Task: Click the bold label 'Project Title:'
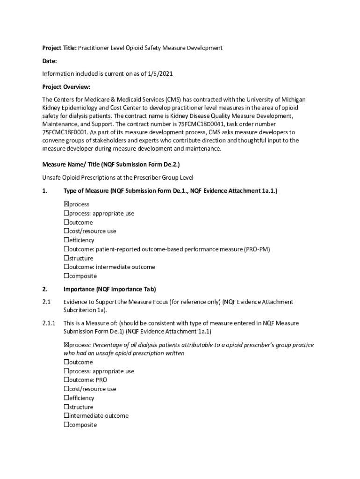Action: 59,48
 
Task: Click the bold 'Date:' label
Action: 50,61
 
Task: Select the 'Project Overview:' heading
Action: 66,87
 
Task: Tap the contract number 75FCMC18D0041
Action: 200,124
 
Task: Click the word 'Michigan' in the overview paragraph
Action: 292,100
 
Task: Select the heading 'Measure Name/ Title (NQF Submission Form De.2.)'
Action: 111,165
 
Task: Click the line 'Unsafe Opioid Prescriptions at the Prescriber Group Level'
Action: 117,178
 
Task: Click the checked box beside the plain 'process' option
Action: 66,204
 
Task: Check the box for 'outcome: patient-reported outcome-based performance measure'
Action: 66,249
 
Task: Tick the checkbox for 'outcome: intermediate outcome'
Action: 66,267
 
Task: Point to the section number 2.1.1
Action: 49,323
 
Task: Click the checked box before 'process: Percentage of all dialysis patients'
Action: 66,345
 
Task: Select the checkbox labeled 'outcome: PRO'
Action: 66,380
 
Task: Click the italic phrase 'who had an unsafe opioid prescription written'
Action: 124,353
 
